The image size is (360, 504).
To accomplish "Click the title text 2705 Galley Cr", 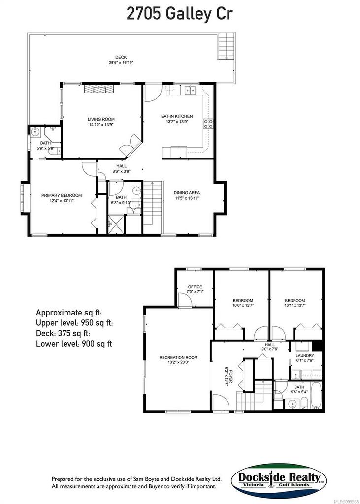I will point(180,13).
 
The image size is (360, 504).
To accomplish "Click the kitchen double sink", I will point(191,90).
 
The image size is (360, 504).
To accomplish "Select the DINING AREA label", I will point(187,195).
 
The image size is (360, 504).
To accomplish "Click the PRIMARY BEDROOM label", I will point(61,198).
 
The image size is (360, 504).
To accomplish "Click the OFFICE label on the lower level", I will point(195,289).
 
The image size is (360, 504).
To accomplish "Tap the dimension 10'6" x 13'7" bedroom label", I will point(243,304).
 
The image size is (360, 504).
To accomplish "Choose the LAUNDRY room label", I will point(305,358).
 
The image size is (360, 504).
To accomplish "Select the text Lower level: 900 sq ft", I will point(74,343).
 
